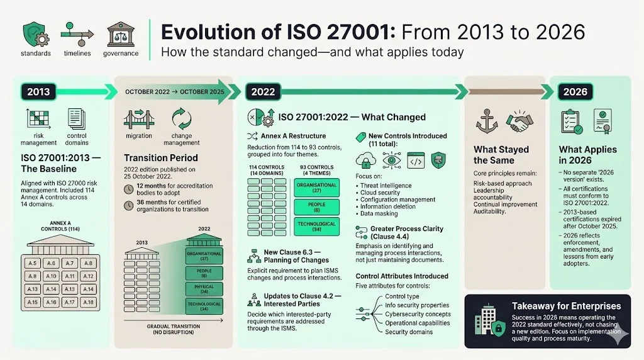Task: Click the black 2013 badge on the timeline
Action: [x=39, y=92]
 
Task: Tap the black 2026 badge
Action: [x=575, y=92]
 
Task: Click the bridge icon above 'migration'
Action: [x=138, y=119]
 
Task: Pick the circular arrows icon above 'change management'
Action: [x=182, y=119]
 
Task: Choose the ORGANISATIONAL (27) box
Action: [x=316, y=188]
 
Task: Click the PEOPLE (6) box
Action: [x=316, y=208]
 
